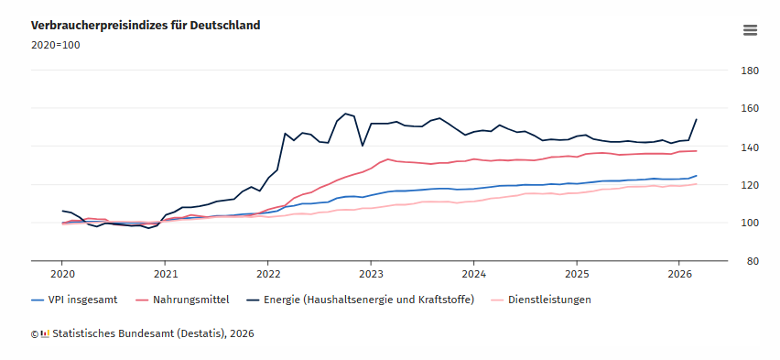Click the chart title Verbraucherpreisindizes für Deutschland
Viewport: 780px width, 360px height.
(x=146, y=26)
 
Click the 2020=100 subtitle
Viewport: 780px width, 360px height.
(x=55, y=45)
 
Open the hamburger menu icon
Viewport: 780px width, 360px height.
(x=750, y=29)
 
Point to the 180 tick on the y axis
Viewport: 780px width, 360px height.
(x=749, y=71)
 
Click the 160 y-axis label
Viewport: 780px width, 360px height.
(x=749, y=109)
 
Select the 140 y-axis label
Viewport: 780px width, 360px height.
(x=749, y=147)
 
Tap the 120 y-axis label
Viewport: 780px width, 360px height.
(x=749, y=185)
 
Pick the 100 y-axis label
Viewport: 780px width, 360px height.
(x=749, y=223)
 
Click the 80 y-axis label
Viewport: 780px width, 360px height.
(x=752, y=261)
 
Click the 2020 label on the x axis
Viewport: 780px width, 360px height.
(x=62, y=274)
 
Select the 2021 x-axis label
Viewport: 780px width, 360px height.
(x=165, y=274)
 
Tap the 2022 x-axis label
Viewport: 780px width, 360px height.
(x=268, y=274)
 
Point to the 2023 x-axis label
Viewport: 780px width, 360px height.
(x=371, y=274)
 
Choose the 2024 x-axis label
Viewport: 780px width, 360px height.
(x=473, y=274)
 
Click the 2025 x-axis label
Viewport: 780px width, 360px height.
(x=577, y=274)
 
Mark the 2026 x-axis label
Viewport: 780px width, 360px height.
(x=679, y=274)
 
